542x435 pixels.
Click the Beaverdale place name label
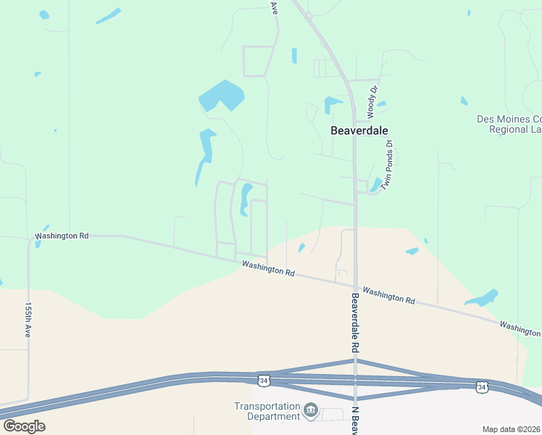click(359, 130)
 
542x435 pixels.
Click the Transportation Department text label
click(267, 411)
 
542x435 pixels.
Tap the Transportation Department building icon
click(311, 411)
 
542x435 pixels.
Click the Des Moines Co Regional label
click(509, 124)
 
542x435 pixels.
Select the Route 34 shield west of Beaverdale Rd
click(264, 380)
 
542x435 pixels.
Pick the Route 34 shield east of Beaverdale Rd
click(482, 386)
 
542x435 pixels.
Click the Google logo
click(24, 426)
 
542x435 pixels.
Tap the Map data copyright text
click(511, 429)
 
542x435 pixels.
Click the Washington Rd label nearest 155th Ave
click(62, 236)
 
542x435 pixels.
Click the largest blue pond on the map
click(221, 96)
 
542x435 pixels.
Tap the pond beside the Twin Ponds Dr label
click(375, 185)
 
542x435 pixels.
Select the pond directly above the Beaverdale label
click(332, 104)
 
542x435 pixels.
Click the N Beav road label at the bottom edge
click(357, 420)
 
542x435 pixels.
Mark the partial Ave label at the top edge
click(274, 7)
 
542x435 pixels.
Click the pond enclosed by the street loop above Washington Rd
click(245, 198)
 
